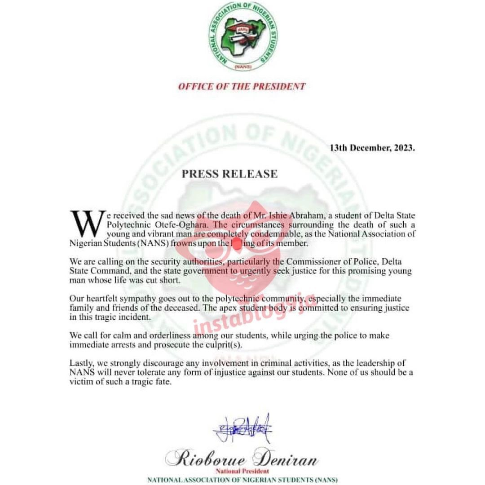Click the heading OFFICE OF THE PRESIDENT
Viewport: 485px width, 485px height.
click(242, 86)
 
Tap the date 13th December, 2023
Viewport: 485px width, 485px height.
click(372, 148)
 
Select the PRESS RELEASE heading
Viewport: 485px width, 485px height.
click(229, 174)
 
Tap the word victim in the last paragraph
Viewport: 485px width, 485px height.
click(81, 382)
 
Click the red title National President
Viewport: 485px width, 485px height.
click(242, 471)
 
